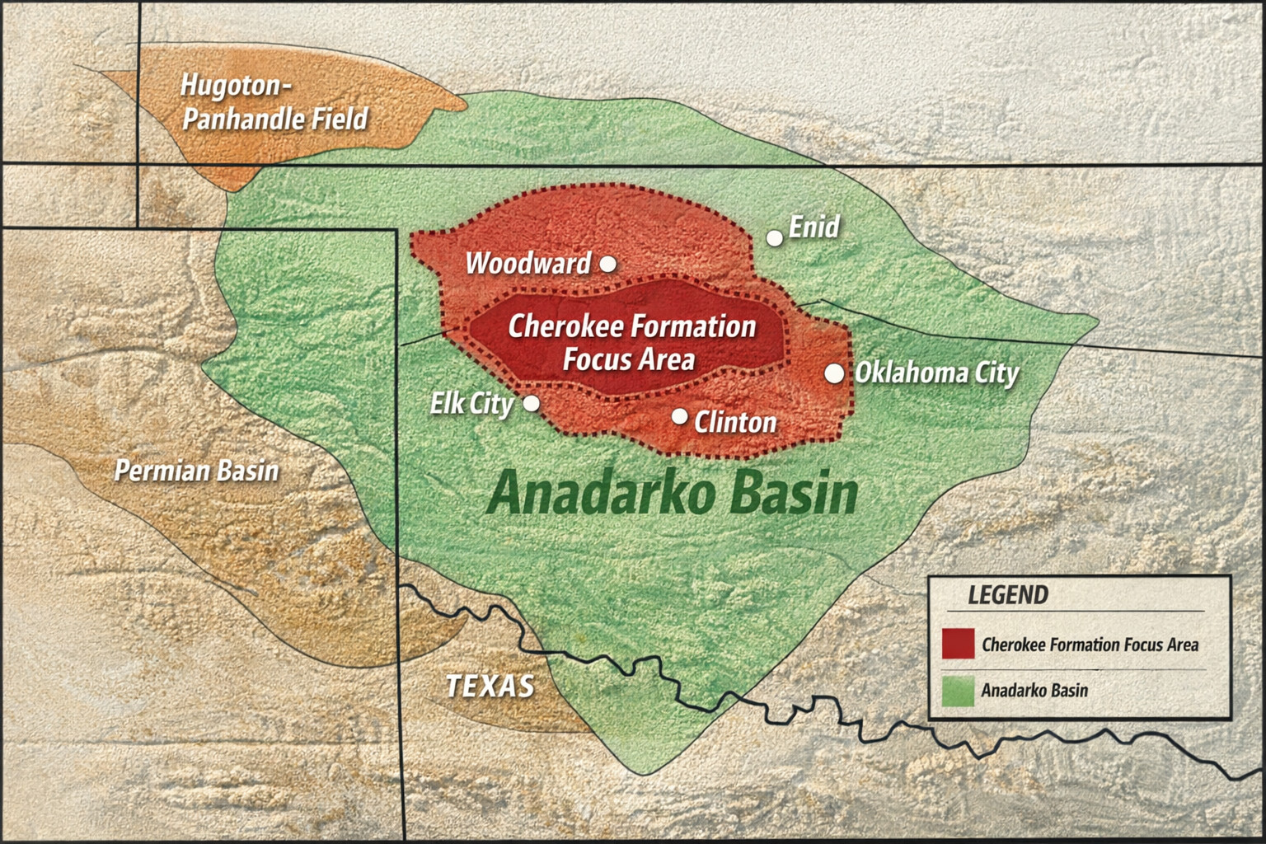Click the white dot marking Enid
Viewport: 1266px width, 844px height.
tap(775, 238)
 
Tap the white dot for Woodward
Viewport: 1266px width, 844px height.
tap(607, 264)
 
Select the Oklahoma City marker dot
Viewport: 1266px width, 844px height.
tap(834, 373)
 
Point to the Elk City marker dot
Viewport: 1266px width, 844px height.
tap(532, 403)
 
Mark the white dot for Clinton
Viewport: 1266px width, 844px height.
tap(679, 417)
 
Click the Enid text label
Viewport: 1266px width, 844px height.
tap(814, 227)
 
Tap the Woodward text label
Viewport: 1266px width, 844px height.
tap(528, 264)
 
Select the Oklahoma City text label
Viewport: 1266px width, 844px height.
tap(937, 373)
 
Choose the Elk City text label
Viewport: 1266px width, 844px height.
tap(471, 404)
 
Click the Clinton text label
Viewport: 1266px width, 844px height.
tap(735, 423)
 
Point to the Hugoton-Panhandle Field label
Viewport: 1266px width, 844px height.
tap(274, 102)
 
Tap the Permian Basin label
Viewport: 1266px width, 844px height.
tap(196, 471)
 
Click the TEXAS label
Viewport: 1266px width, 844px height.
tap(490, 686)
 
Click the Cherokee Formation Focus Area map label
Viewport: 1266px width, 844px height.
tap(631, 343)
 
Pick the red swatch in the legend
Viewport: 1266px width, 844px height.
tap(958, 645)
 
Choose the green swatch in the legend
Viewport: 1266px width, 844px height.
tap(958, 691)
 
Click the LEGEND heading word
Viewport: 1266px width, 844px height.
tap(1008, 595)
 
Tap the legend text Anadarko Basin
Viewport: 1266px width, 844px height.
tap(1034, 691)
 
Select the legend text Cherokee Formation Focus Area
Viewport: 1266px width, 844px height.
tap(1090, 645)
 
